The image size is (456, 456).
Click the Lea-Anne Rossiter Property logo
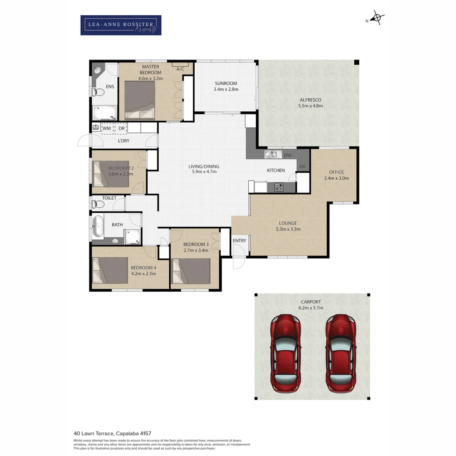[x=121, y=25]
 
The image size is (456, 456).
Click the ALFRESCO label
[x=311, y=100]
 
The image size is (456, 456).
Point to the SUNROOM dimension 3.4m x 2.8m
[x=226, y=90]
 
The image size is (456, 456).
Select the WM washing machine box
[x=108, y=128]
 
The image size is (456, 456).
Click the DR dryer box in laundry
[x=121, y=128]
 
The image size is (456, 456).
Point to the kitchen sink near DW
[x=271, y=155]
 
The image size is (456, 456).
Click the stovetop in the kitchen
[x=279, y=187]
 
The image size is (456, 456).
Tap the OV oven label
[x=302, y=167]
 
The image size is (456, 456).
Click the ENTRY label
[x=239, y=241]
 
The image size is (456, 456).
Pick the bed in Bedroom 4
[x=110, y=270]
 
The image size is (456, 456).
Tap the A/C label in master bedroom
[x=180, y=69]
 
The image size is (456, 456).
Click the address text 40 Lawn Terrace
[x=112, y=433]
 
